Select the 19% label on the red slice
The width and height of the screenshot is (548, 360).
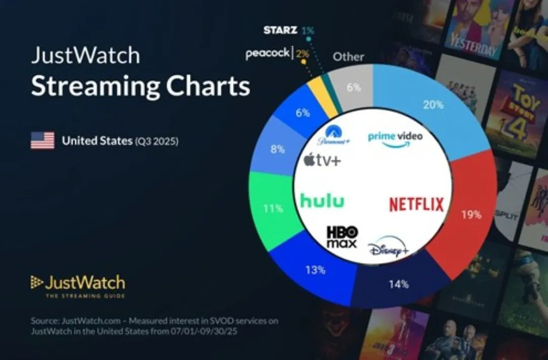pyautogui.click(x=471, y=215)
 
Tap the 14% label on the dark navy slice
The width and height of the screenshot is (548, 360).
pyautogui.click(x=399, y=284)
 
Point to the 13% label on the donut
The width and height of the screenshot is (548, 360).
pyautogui.click(x=315, y=270)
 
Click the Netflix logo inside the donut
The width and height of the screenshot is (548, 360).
pyautogui.click(x=416, y=204)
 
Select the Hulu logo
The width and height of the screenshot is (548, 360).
pyautogui.click(x=322, y=201)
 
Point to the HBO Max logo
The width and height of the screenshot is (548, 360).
pyautogui.click(x=341, y=237)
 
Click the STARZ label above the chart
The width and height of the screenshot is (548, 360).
pyautogui.click(x=280, y=30)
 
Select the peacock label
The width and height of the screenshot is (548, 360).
pyautogui.click(x=267, y=53)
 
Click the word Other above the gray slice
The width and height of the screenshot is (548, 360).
pyautogui.click(x=348, y=57)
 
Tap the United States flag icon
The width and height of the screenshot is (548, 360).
pyautogui.click(x=42, y=141)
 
